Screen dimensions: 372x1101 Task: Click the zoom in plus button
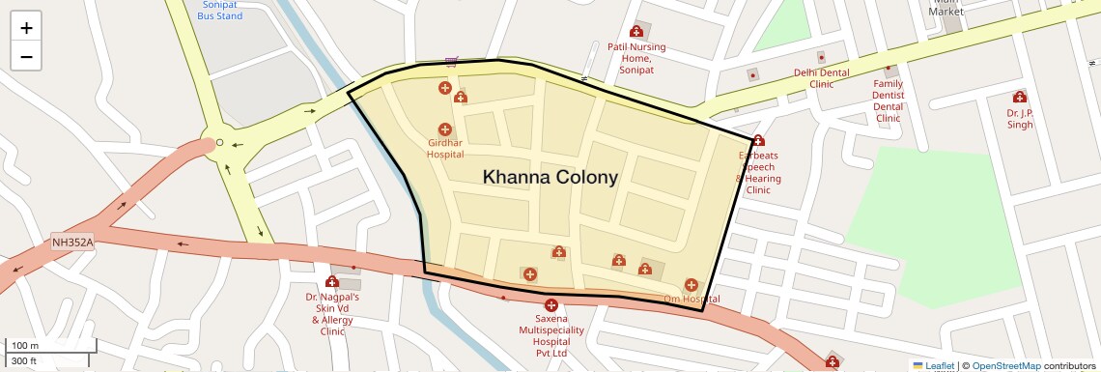click(26, 28)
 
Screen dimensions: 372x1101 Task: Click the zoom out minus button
click(26, 56)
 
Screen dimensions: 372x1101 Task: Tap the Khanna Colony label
click(550, 177)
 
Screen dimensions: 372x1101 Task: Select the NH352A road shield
click(72, 242)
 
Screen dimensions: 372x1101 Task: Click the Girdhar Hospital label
click(445, 148)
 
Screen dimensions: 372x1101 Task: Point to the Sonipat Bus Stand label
click(220, 10)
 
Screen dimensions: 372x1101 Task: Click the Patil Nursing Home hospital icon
click(635, 32)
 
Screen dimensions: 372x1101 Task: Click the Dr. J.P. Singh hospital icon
click(1019, 97)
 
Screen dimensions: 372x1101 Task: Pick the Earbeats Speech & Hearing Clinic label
click(758, 172)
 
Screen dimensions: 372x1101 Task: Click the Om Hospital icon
click(691, 285)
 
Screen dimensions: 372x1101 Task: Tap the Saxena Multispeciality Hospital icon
click(551, 305)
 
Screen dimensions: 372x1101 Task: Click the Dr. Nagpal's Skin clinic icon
click(332, 282)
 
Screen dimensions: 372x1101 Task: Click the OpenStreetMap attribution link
click(1005, 365)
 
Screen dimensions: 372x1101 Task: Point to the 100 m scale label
click(24, 346)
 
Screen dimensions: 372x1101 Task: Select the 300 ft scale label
click(24, 361)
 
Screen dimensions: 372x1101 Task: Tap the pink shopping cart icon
click(451, 60)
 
